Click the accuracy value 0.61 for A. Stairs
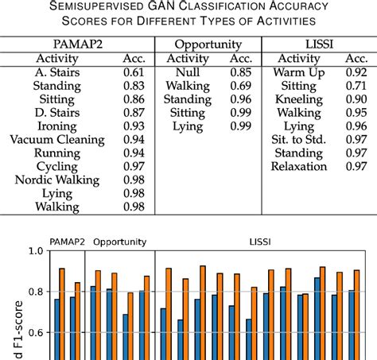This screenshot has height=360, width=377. [134, 72]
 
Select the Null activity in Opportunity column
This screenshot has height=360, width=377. [187, 72]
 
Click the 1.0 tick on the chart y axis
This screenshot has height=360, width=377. [35, 251]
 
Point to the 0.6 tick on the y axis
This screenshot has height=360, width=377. [35, 334]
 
